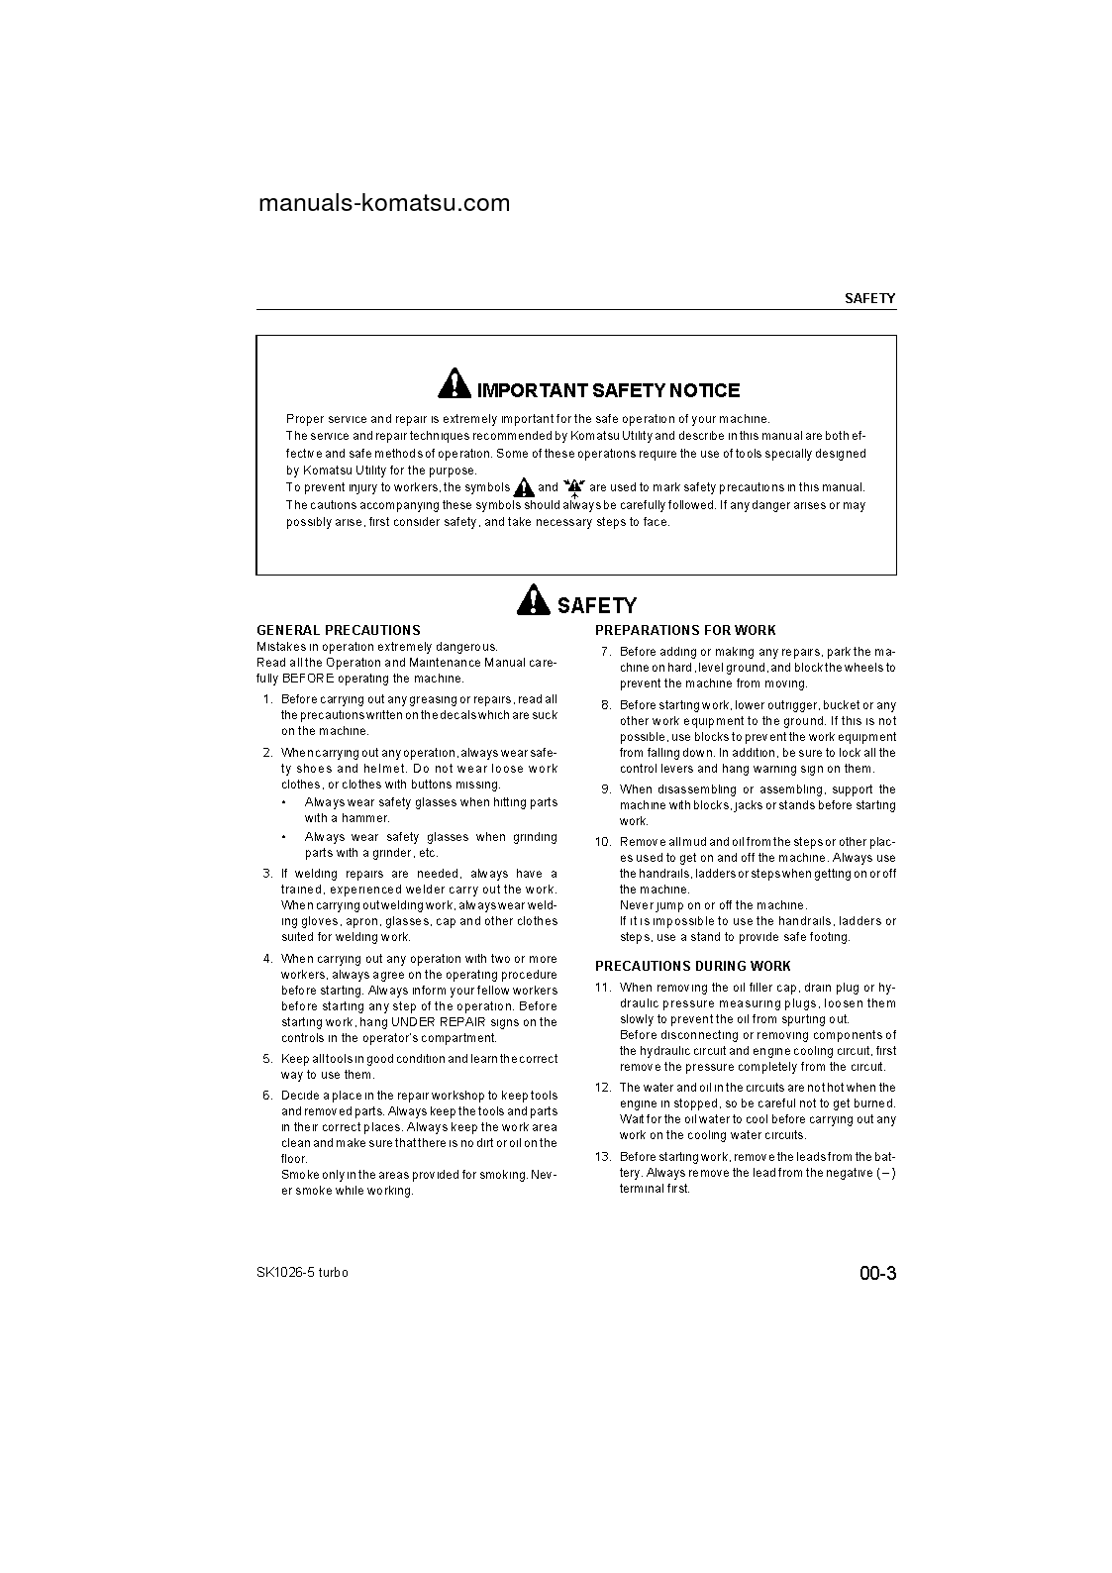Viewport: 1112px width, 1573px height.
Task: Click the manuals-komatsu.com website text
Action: [x=384, y=203]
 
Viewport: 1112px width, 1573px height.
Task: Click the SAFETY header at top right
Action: [x=869, y=298]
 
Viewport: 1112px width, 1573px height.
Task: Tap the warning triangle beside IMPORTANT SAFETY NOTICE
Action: [x=455, y=383]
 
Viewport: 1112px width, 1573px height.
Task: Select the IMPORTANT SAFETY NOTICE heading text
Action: [x=608, y=390]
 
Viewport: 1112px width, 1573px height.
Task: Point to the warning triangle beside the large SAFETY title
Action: [x=533, y=599]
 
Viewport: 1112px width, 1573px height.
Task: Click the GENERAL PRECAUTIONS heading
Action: [x=339, y=630]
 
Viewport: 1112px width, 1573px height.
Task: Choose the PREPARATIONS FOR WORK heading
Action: [x=685, y=630]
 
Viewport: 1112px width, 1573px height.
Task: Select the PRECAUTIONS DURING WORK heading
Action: [x=692, y=966]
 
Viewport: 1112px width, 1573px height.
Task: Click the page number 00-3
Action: [x=877, y=1274]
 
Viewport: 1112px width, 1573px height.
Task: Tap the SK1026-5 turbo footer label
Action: [x=302, y=1273]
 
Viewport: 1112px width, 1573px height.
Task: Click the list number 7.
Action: [x=606, y=652]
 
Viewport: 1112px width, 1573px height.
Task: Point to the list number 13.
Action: [x=603, y=1157]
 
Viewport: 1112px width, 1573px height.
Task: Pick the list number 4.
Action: [x=267, y=959]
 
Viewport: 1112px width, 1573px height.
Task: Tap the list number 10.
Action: [x=603, y=842]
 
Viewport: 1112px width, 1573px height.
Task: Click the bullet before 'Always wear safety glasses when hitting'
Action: [x=285, y=802]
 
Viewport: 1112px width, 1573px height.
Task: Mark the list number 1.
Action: [x=267, y=699]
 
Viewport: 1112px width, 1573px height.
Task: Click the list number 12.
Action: [x=603, y=1088]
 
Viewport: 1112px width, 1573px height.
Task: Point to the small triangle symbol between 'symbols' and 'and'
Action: [x=524, y=487]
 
